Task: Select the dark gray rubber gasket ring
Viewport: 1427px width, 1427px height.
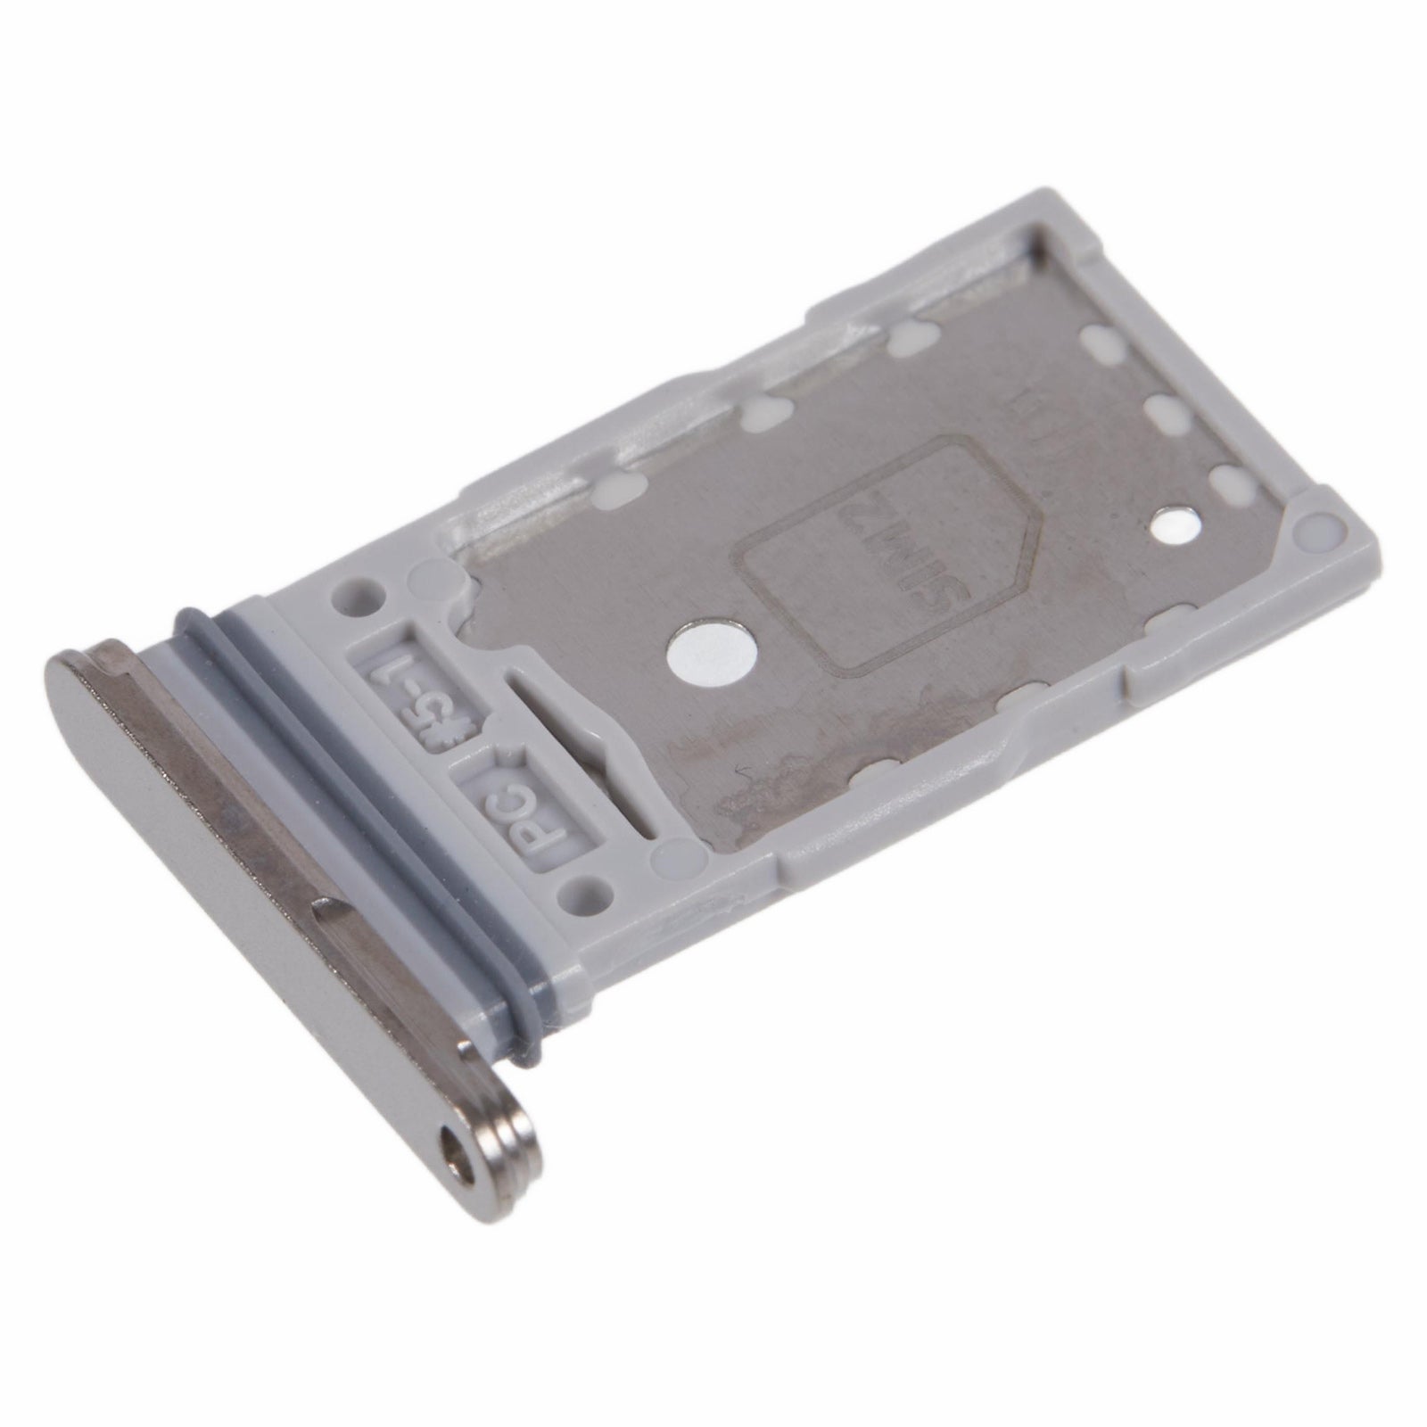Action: [357, 803]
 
